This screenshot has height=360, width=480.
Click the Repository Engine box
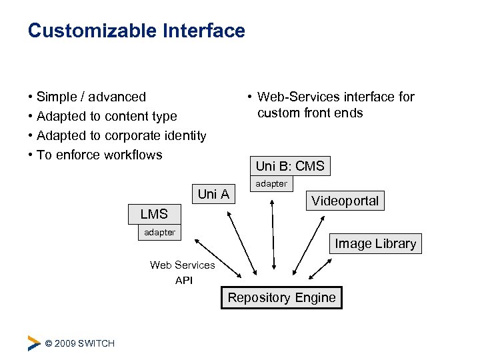[x=281, y=298]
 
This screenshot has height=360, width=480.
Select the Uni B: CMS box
[x=289, y=166]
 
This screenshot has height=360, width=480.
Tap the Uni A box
[x=213, y=194]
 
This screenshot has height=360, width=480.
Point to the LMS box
[x=154, y=214]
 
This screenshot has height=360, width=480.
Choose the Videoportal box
[x=345, y=201]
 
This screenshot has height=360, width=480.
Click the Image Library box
[x=375, y=244]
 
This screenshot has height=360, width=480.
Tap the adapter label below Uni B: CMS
[x=271, y=183]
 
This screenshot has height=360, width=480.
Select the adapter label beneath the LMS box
[x=159, y=232]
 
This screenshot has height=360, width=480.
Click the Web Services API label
[x=183, y=273]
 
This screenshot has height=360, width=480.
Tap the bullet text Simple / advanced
[x=91, y=97]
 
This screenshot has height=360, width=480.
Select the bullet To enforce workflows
[x=99, y=155]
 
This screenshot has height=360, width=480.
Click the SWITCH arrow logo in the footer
[x=34, y=343]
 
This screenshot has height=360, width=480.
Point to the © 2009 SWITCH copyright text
[x=79, y=343]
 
